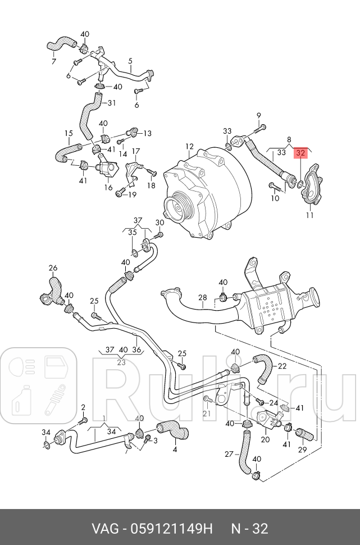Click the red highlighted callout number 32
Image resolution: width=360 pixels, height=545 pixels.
(x=302, y=152)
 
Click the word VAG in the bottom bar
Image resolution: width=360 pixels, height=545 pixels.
(x=106, y=529)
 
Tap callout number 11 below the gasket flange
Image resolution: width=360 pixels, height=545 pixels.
(x=309, y=215)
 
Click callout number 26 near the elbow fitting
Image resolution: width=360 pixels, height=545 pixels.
(x=53, y=267)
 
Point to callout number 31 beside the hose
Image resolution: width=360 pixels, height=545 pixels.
(x=111, y=103)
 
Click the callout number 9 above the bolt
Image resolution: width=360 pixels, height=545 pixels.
(x=259, y=116)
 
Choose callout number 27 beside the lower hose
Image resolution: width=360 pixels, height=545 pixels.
(x=229, y=453)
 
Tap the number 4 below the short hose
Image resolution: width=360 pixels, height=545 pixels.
(x=175, y=449)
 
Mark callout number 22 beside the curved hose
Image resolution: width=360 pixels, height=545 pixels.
(x=282, y=366)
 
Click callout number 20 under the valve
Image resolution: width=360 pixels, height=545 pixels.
(x=265, y=440)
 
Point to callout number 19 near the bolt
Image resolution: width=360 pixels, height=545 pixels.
(x=132, y=195)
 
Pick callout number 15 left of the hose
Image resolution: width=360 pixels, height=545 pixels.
(x=69, y=134)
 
